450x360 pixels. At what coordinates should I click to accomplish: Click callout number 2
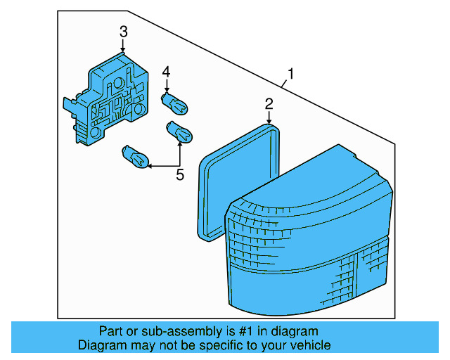click(x=269, y=104)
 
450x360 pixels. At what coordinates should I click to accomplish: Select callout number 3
click(x=123, y=32)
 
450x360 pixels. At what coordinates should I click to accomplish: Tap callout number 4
click(x=167, y=72)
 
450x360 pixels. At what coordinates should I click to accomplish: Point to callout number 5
click(x=179, y=175)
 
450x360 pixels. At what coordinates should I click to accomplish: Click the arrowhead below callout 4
click(x=167, y=89)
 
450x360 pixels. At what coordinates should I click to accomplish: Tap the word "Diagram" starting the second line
click(x=101, y=345)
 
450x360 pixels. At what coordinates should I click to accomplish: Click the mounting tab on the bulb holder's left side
click(x=69, y=105)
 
